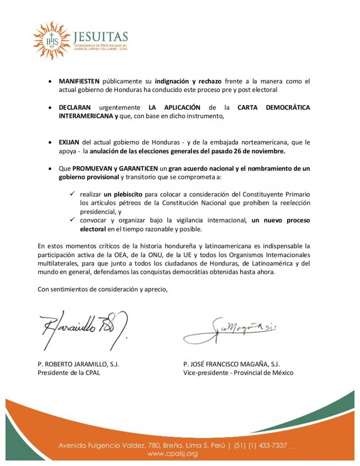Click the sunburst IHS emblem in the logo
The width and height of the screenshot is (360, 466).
(x=51, y=41)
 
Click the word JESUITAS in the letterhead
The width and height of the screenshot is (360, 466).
(x=101, y=37)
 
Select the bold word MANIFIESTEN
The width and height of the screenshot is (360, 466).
(x=79, y=81)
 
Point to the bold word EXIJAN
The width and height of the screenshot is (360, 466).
(x=69, y=142)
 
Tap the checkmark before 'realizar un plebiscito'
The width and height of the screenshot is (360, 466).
(x=73, y=194)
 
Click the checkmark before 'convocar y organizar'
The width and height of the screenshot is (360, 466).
(x=73, y=220)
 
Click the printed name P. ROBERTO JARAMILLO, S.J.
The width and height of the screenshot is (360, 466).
(x=78, y=364)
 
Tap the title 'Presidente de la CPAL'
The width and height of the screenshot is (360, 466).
(x=69, y=372)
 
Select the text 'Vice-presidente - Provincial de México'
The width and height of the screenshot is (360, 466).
(x=238, y=372)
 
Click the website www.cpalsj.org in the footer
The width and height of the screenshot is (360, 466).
(x=172, y=453)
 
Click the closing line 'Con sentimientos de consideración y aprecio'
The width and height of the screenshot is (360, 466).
(x=102, y=289)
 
